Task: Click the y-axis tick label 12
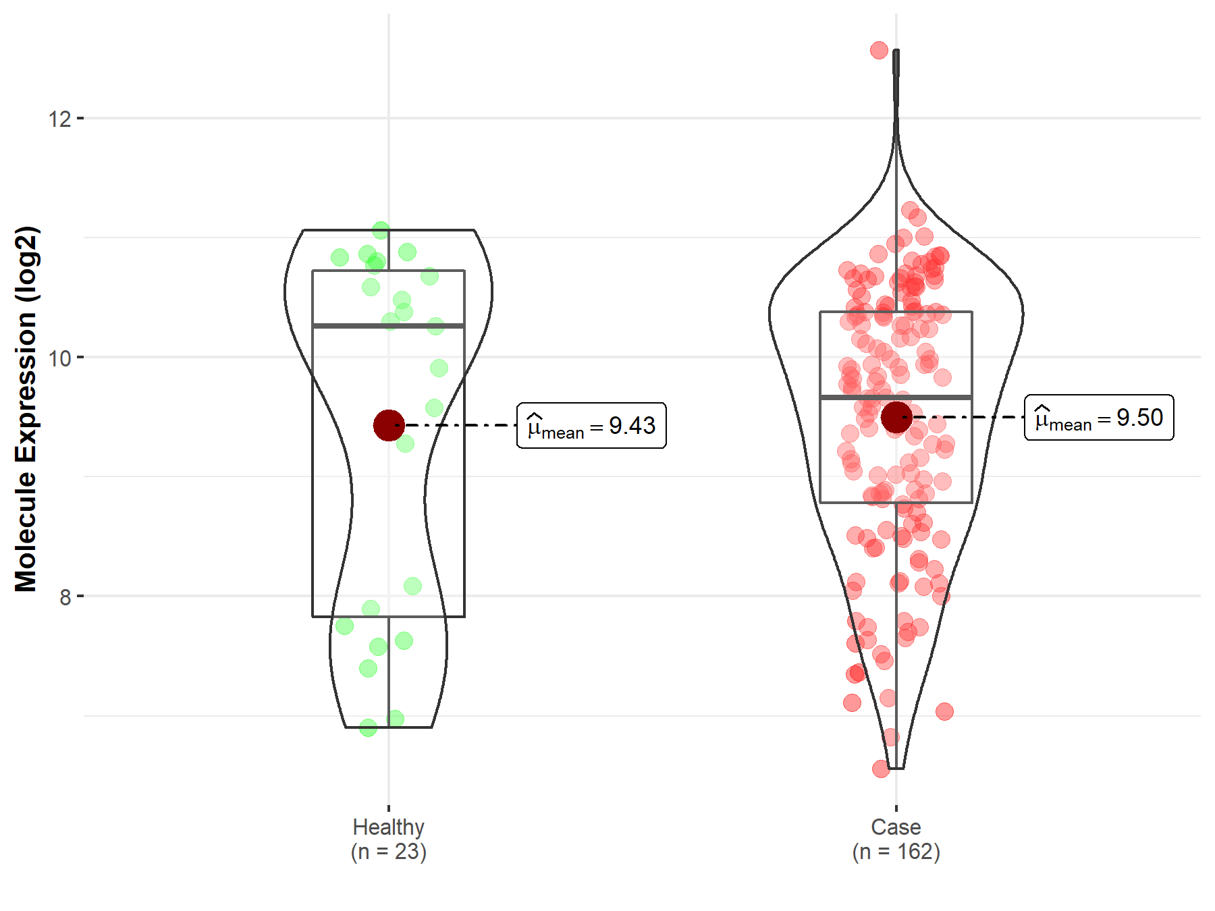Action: click(x=59, y=119)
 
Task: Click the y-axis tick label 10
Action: click(x=59, y=358)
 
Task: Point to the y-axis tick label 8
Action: click(x=65, y=597)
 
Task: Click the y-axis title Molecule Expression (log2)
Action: click(x=26, y=409)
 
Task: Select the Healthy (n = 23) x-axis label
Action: click(x=389, y=839)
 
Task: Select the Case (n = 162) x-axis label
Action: click(x=896, y=839)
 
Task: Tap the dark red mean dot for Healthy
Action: click(x=389, y=425)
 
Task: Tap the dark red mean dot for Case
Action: click(x=896, y=417)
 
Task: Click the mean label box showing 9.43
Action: click(x=591, y=425)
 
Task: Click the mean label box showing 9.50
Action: click(x=1099, y=418)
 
